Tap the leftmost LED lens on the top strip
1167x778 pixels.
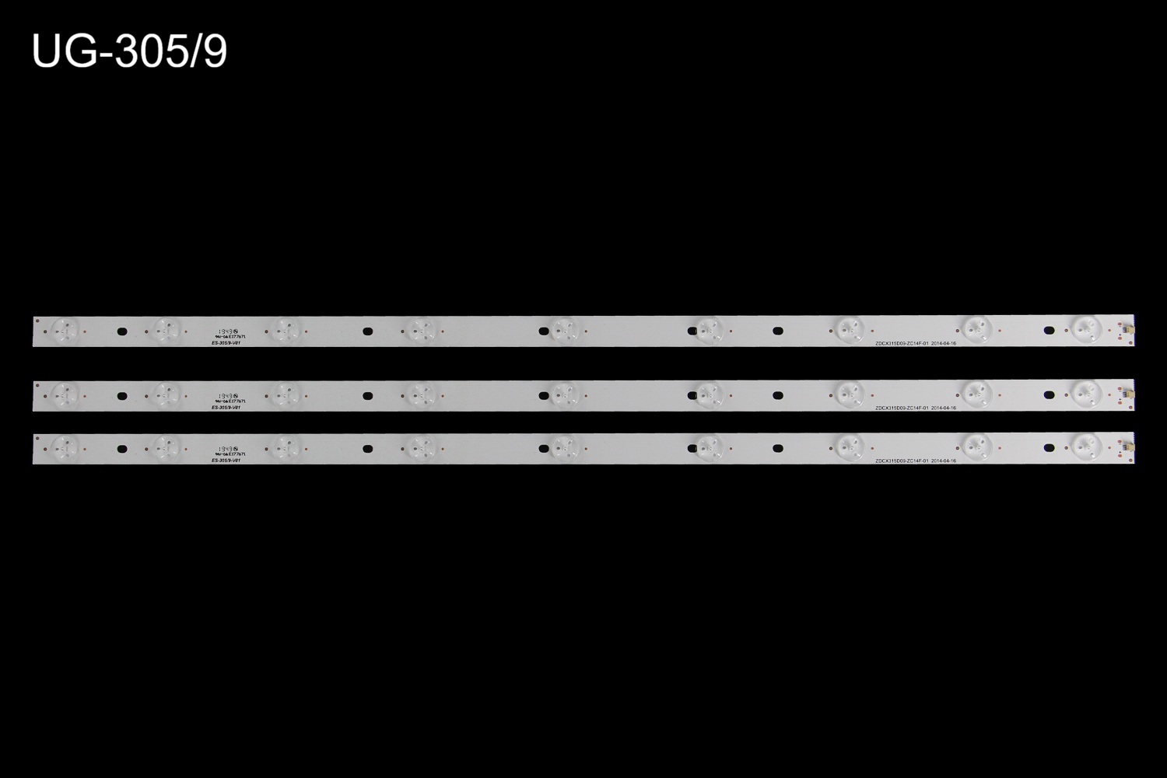65,330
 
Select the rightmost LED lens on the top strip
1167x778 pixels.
1086,329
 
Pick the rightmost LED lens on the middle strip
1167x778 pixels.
1086,394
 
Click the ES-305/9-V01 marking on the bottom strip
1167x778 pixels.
226,461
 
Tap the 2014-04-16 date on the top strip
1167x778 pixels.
944,343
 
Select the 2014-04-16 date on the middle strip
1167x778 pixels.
944,408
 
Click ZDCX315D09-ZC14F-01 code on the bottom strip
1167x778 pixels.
902,461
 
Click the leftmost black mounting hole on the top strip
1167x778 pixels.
121,331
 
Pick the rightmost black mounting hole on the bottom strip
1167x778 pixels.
1049,448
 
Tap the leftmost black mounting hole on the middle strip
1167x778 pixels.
121,396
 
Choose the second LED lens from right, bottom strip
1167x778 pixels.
976,446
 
